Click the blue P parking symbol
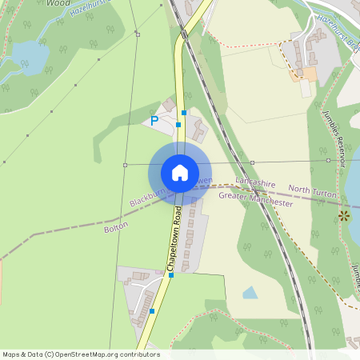[x=154, y=122]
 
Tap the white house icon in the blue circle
[x=180, y=172]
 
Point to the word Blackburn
[x=149, y=197]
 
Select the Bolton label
[x=116, y=228]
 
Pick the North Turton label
[x=312, y=189]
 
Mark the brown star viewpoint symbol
[x=345, y=214]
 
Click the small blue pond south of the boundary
[x=250, y=293]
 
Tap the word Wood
[x=58, y=3]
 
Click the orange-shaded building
[x=307, y=74]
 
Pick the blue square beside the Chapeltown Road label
[x=171, y=275]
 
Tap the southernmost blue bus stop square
[x=152, y=310]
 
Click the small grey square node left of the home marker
[x=125, y=165]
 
